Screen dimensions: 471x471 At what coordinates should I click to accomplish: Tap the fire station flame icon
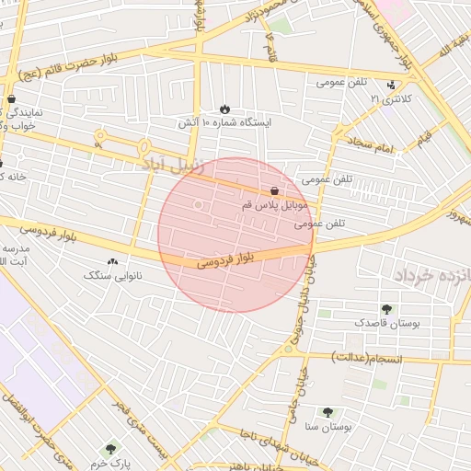(226, 107)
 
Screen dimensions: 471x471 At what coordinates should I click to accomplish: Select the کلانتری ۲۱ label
(387, 98)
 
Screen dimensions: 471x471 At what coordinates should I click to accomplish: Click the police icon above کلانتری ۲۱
(393, 84)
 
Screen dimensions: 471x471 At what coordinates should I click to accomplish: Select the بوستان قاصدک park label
(385, 323)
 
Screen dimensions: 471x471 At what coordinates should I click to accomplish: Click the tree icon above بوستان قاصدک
(385, 309)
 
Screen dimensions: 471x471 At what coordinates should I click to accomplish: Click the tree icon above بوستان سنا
(327, 412)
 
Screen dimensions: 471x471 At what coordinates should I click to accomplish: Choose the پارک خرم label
(112, 463)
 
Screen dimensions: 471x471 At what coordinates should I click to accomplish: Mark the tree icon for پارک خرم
(111, 449)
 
